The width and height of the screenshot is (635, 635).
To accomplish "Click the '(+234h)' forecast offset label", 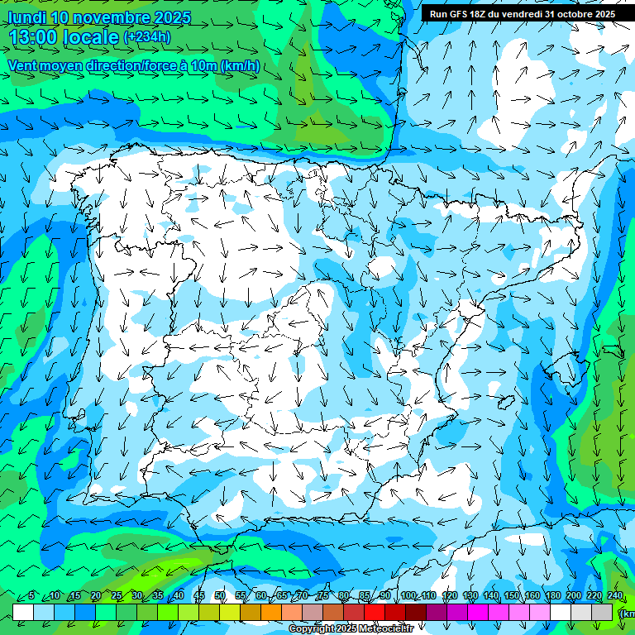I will pos(147,36).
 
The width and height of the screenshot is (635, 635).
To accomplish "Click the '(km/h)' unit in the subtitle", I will pos(240,66).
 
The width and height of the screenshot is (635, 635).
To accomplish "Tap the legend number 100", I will pos(408,596).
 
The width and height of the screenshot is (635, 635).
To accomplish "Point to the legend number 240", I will pos(614,596).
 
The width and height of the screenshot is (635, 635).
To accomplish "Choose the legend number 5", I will pos(31,596).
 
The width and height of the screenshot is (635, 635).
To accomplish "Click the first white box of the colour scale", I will pos(23,612).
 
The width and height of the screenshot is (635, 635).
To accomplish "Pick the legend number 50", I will pos(220,596).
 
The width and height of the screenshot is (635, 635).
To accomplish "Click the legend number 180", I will pos(552,596).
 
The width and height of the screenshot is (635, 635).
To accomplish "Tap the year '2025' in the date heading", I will pos(165,17).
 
